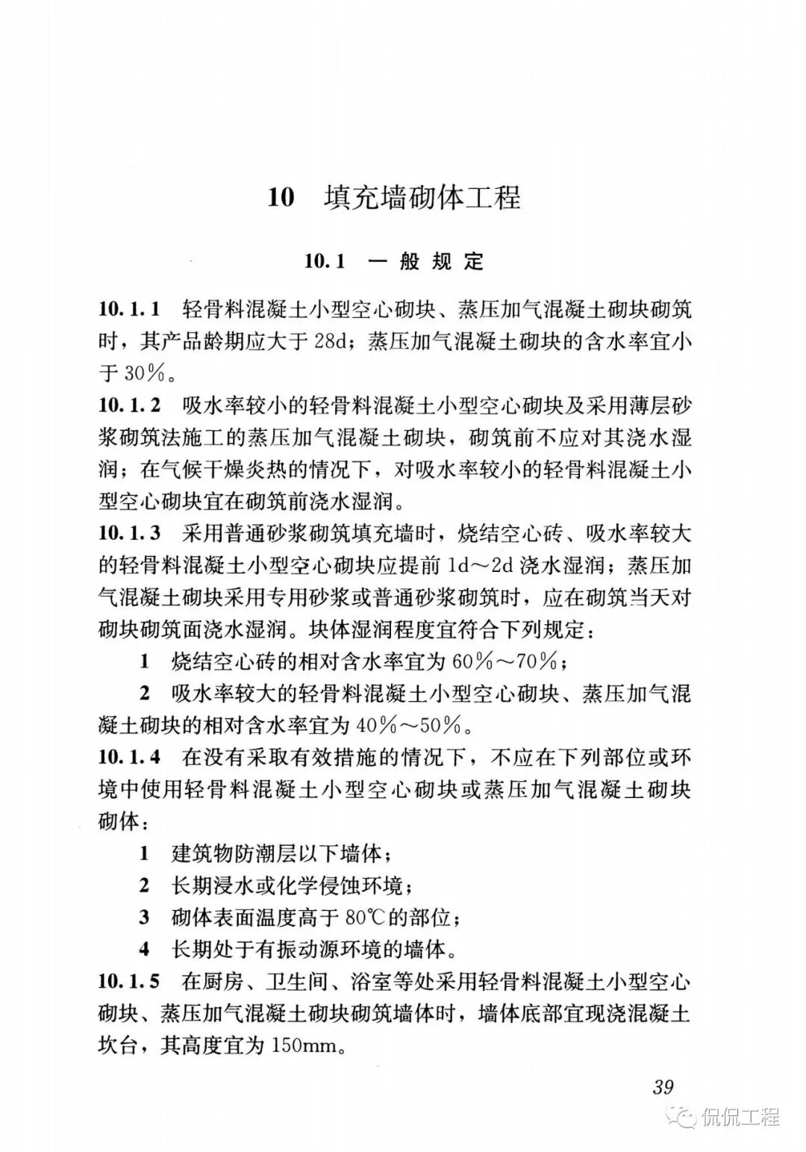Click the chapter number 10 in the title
point(281,199)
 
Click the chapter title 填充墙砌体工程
point(422,199)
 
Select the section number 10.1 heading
point(326,261)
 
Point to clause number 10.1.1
point(129,309)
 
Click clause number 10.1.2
point(129,405)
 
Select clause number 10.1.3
point(129,533)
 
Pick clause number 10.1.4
point(129,757)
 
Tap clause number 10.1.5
point(129,981)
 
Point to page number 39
point(663,1086)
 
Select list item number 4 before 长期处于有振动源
point(145,950)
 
